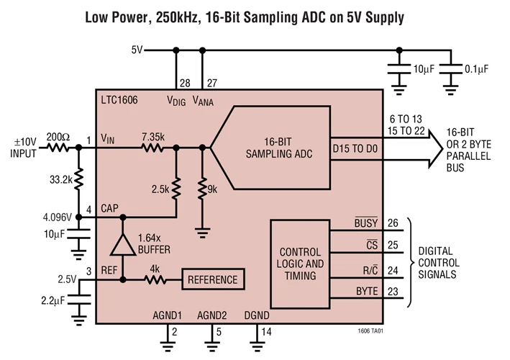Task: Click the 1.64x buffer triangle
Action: coord(124,246)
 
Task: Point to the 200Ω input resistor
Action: coord(58,148)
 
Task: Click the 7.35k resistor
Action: coord(152,148)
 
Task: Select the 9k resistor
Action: coord(202,188)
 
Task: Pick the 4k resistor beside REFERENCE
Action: coord(153,279)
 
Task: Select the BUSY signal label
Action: coord(366,223)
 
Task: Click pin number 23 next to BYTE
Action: coord(392,292)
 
